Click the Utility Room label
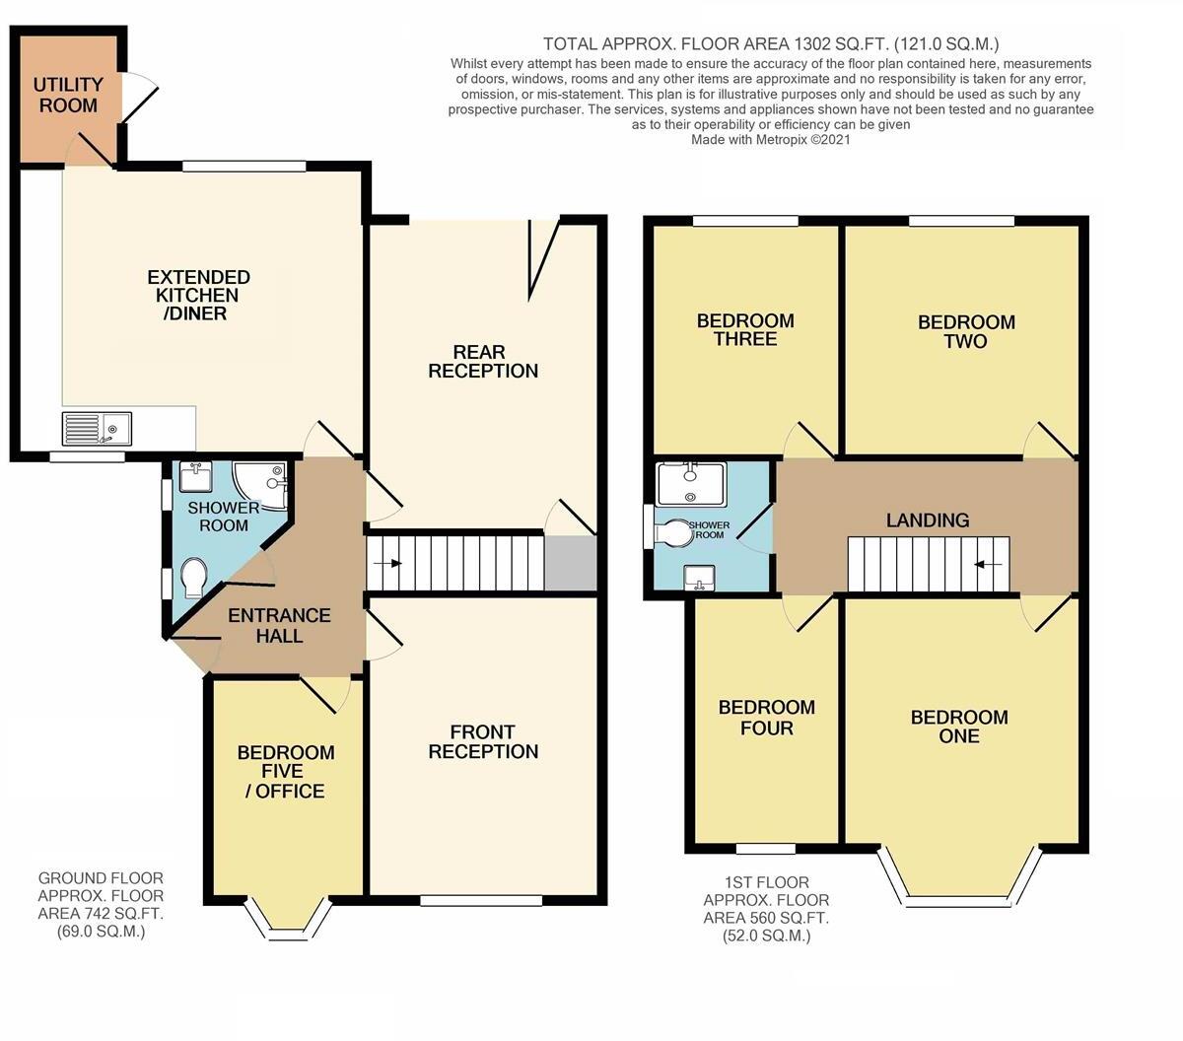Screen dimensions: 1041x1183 click(68, 96)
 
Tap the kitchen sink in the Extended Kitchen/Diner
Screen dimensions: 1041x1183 click(97, 429)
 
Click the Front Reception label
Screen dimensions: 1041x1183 click(483, 741)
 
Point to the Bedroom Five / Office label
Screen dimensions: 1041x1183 click(286, 771)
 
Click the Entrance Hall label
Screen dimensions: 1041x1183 click(279, 625)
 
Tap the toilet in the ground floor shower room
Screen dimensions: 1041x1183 click(194, 578)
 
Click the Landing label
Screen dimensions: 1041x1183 click(927, 520)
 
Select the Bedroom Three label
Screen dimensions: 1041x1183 click(744, 330)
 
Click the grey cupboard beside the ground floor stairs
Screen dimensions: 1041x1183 click(571, 563)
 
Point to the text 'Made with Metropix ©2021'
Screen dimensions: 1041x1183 click(770, 140)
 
